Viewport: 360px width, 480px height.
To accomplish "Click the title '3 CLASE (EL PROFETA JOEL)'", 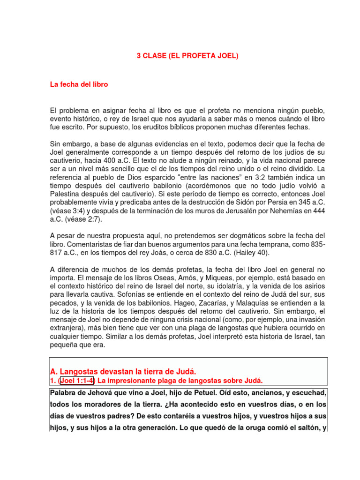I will [x=187, y=56].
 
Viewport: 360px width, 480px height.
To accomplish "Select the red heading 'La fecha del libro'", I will [x=79, y=85].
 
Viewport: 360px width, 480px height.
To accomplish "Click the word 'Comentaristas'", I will [x=91, y=244].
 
